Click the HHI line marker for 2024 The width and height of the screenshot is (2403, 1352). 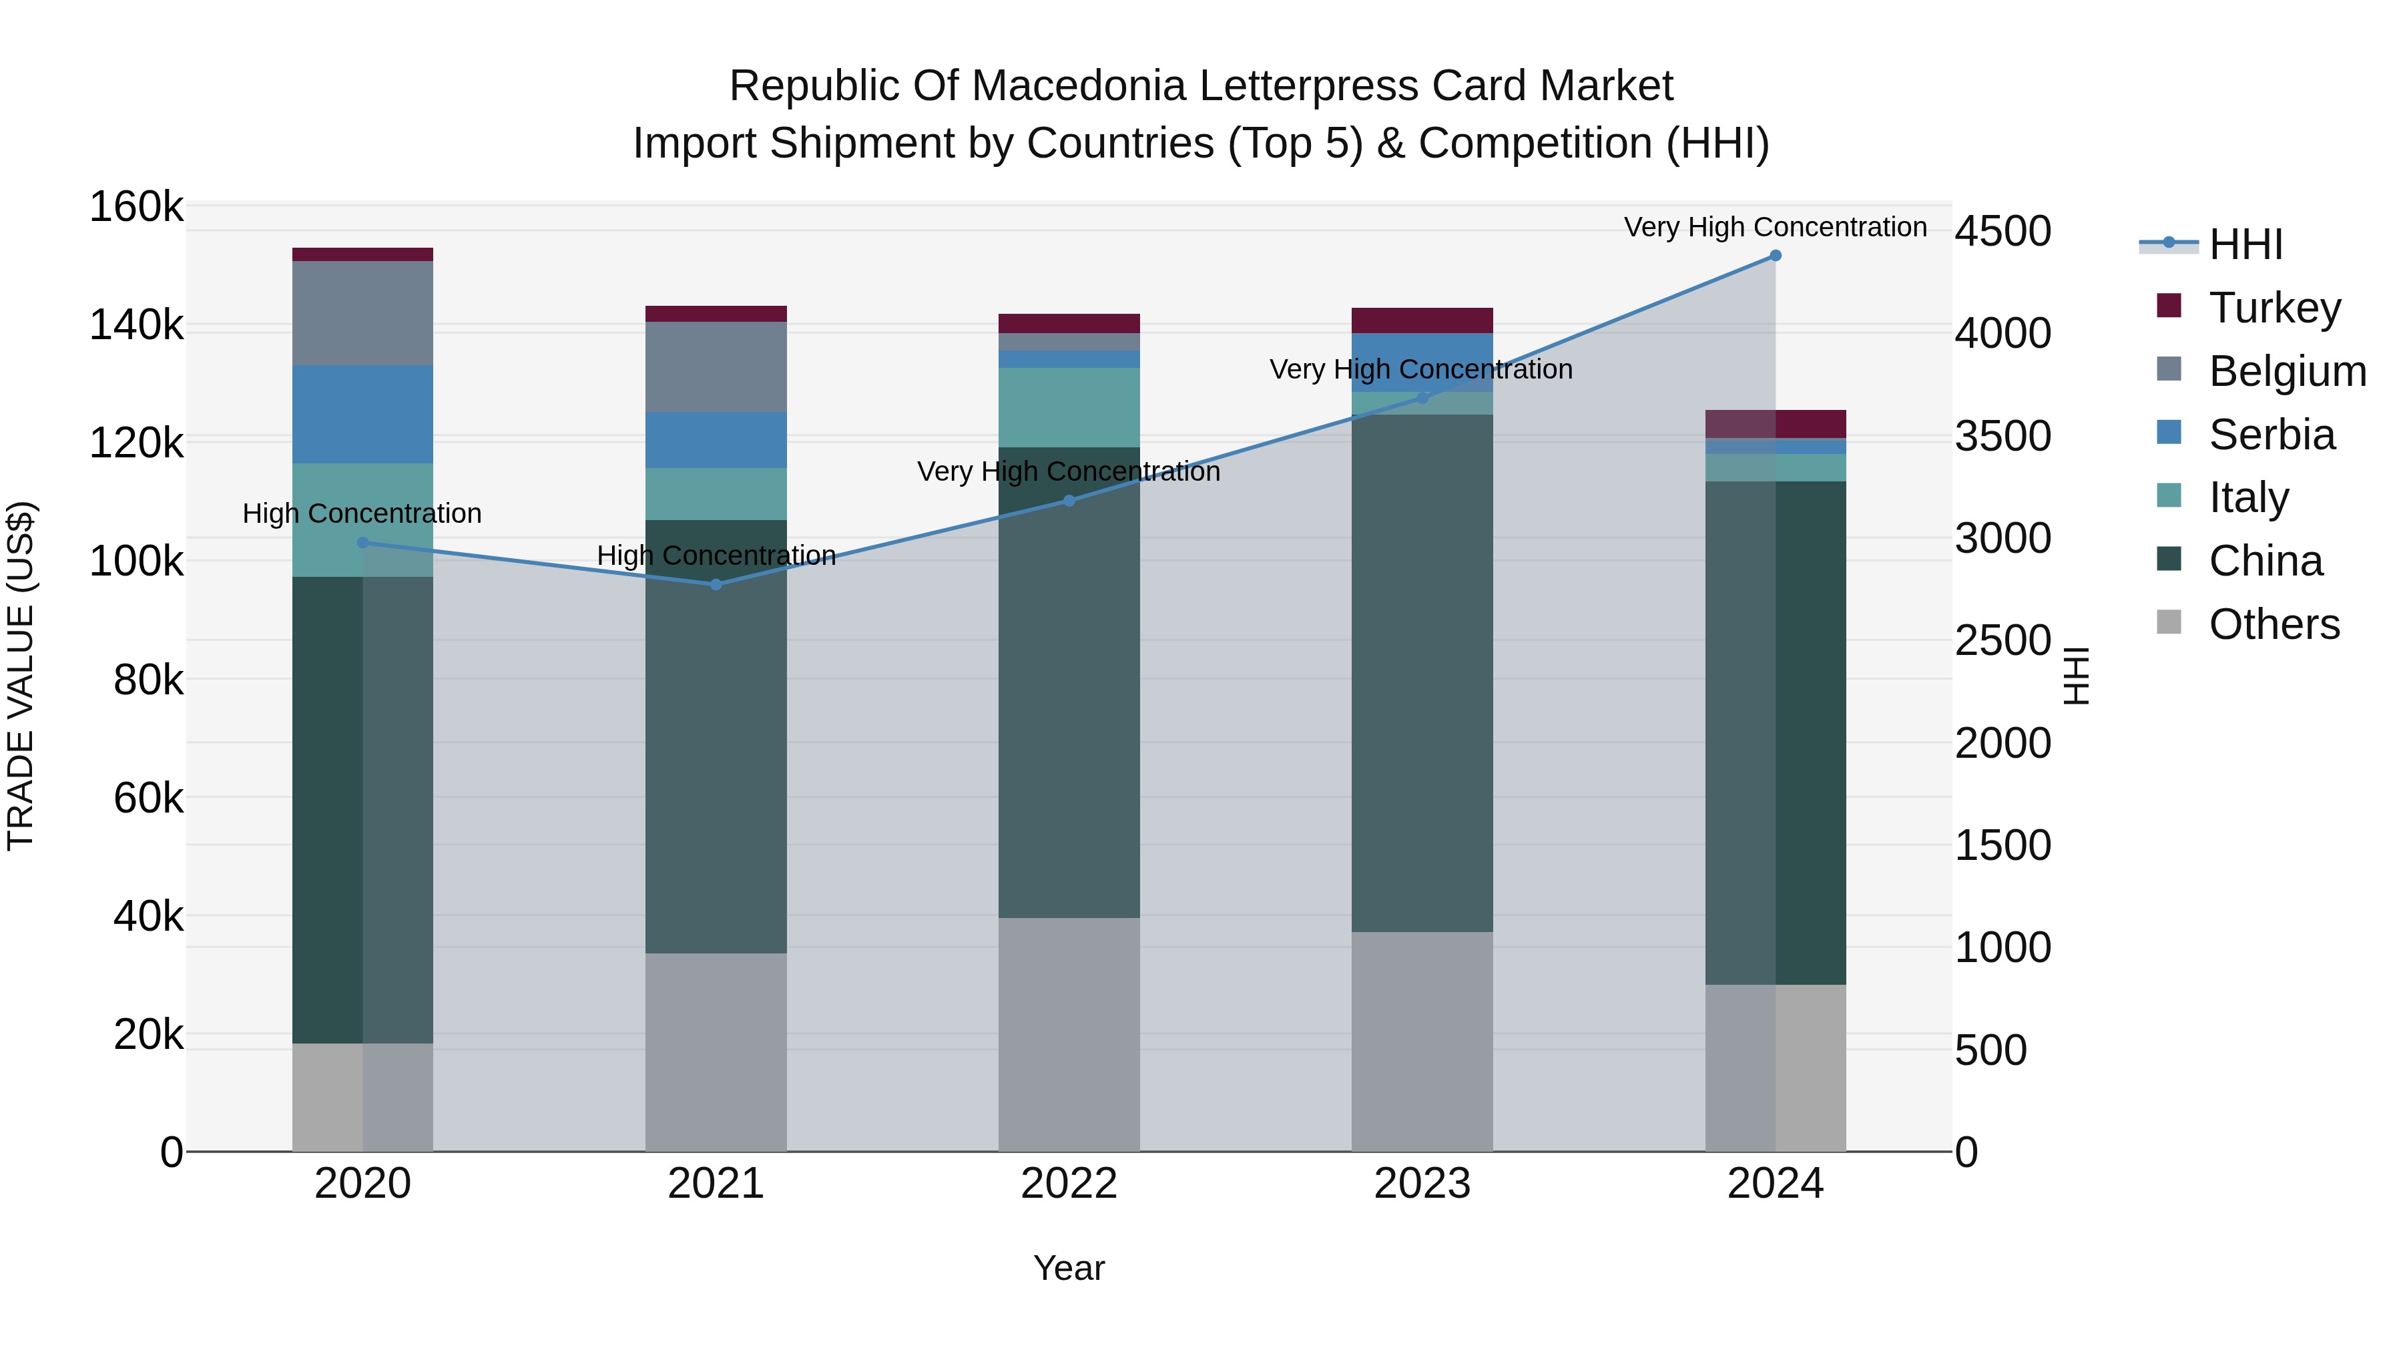coord(1775,256)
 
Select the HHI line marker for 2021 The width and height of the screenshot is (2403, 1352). coord(716,585)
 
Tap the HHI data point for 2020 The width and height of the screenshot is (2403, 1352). coord(363,542)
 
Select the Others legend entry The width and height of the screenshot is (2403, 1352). coord(2249,624)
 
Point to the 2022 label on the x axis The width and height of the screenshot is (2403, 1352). coord(1069,1184)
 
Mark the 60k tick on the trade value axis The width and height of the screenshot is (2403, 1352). coord(148,798)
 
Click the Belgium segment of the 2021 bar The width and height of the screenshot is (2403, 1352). coord(716,367)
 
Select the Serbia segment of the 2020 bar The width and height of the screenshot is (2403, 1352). coord(363,414)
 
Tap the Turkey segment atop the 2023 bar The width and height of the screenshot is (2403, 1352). coord(1422,320)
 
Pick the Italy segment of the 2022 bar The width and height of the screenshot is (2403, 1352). coord(1069,408)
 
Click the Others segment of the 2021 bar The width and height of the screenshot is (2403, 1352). coord(716,1052)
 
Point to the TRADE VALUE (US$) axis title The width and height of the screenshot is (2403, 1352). coord(21,676)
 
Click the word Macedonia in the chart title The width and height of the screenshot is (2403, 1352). coord(1079,86)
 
